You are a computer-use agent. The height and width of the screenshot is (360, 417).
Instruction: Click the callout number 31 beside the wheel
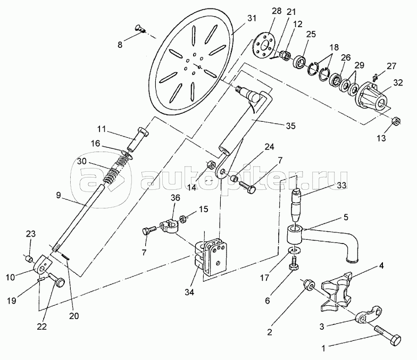pos(252,18)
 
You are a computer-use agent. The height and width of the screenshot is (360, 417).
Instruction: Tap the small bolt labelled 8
pos(140,29)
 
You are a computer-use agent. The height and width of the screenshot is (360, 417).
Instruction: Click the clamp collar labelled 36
pos(169,225)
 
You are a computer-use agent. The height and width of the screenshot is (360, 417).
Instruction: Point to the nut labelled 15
pos(183,219)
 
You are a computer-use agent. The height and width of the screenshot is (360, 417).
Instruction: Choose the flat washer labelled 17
pos(294,251)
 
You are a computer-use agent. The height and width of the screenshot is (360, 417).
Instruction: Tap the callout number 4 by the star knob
pos(381,266)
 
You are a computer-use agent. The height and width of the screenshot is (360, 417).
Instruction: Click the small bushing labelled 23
pos(29,258)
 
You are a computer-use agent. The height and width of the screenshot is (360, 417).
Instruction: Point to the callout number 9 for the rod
pos(59,196)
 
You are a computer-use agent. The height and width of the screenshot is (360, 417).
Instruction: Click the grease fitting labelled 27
pos(376,78)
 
